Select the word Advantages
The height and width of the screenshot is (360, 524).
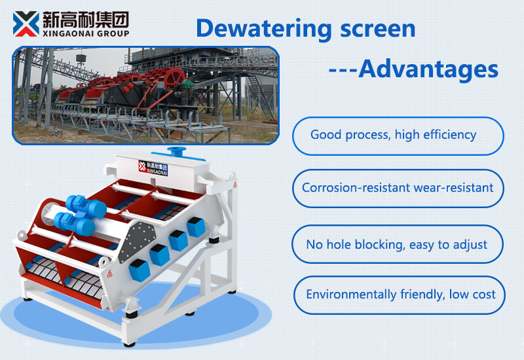[428, 69]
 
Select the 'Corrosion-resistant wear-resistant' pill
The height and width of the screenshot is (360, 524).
[398, 189]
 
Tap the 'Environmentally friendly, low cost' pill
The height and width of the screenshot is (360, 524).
[400, 295]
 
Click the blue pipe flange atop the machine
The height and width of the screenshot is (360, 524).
[176, 152]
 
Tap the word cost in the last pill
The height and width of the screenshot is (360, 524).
[482, 295]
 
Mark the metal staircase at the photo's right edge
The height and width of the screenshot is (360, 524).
[259, 98]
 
